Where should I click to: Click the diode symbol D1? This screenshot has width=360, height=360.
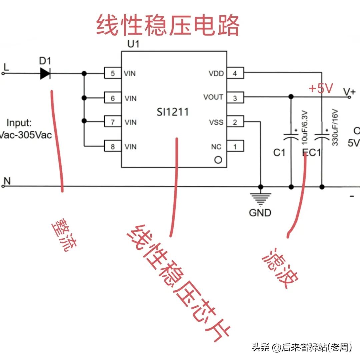[45, 73]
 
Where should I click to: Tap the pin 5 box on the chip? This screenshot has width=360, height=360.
[113, 73]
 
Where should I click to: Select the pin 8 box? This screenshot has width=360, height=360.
[113, 146]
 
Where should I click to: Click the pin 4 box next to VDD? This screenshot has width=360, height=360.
[235, 73]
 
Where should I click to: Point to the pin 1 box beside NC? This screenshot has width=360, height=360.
[235, 146]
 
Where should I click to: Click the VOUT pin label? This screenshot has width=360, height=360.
[213, 97]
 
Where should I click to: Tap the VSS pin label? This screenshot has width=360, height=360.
[216, 122]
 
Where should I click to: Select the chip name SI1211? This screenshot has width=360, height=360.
[173, 112]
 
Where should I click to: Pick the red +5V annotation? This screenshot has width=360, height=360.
[321, 89]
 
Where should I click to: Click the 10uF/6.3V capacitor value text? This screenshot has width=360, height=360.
[304, 128]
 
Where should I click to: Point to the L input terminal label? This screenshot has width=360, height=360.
[6, 67]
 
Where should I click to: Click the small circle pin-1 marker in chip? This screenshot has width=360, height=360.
[218, 160]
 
